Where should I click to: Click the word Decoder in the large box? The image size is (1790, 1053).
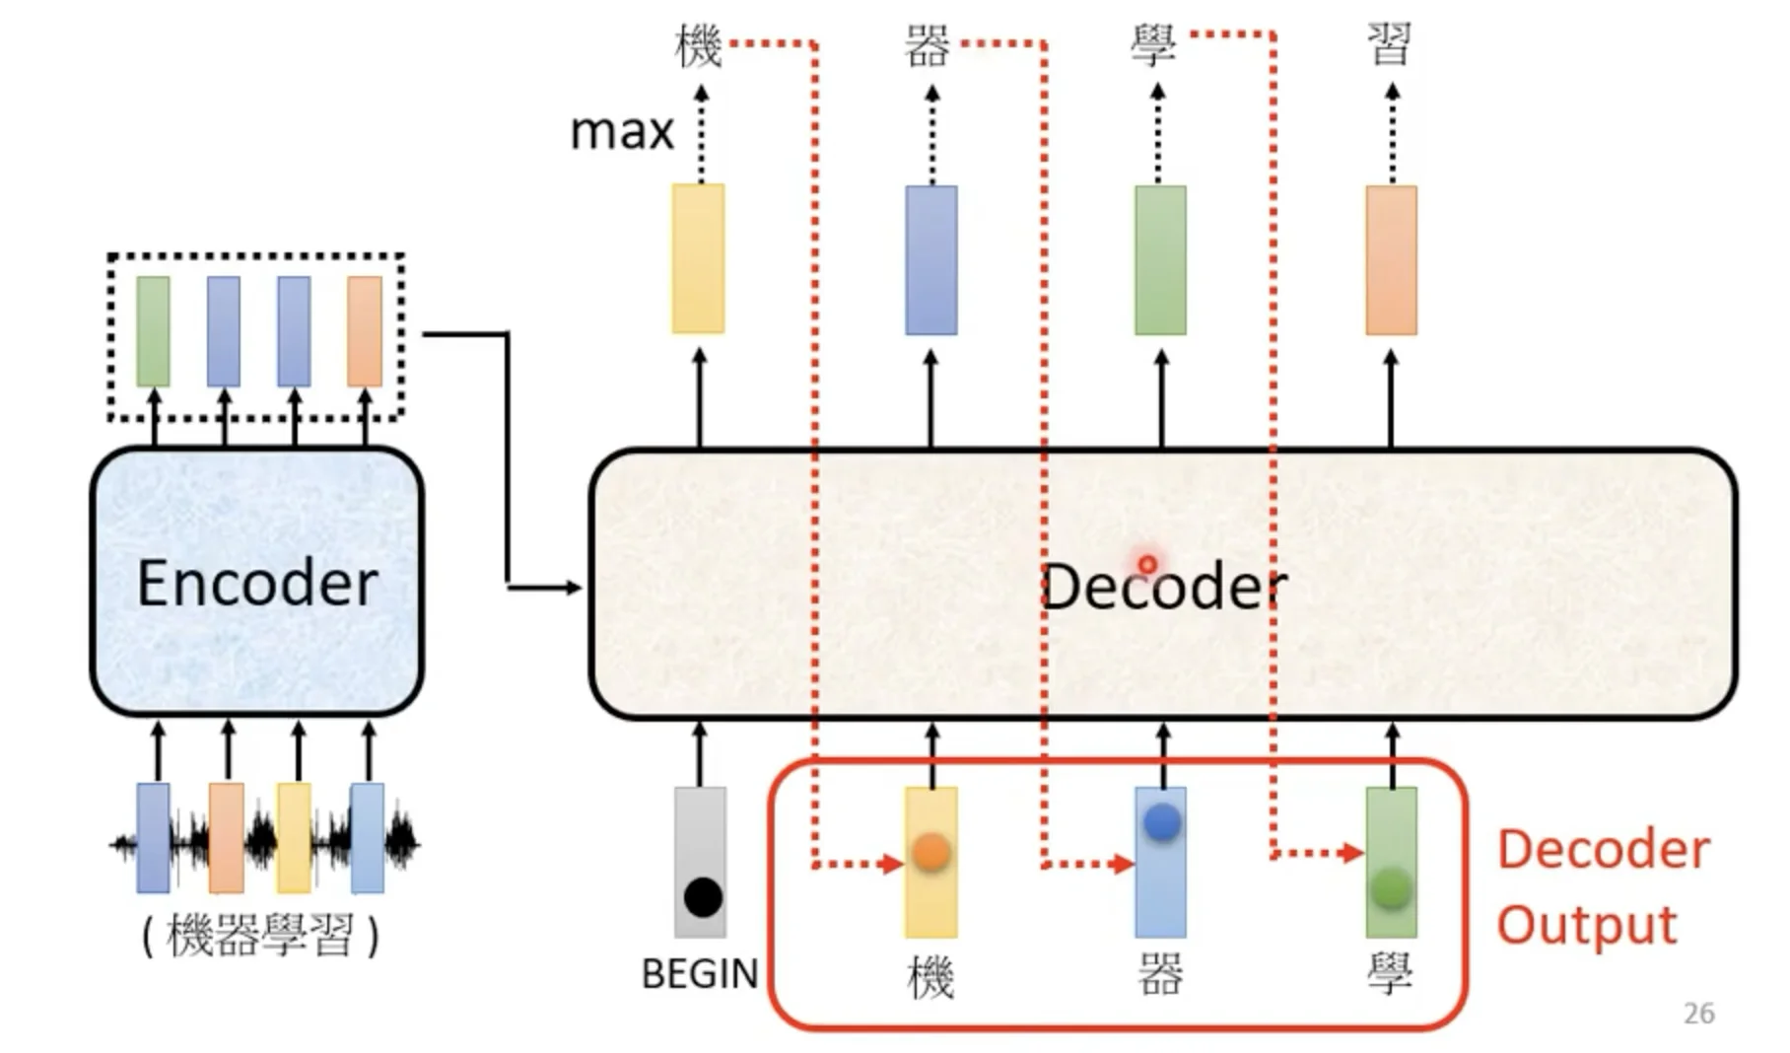[x=1163, y=587]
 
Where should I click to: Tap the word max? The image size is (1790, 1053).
[x=621, y=131]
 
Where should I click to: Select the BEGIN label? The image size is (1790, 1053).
[x=699, y=974]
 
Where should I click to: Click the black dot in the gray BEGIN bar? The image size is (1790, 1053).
[x=703, y=897]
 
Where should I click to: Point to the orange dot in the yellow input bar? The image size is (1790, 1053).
[x=930, y=852]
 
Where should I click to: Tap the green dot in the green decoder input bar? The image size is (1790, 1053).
[x=1391, y=887]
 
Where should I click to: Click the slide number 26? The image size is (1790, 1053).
[x=1698, y=1014]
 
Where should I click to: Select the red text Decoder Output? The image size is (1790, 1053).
[x=1602, y=887]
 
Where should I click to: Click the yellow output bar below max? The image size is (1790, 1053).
[x=698, y=258]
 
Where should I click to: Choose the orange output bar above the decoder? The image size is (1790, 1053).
[x=1391, y=260]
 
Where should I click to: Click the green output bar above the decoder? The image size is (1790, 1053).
[x=1160, y=260]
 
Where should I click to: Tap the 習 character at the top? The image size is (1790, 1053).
[x=1390, y=44]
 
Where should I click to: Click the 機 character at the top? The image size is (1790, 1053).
[x=698, y=46]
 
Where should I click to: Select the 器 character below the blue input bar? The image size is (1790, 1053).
[x=1160, y=974]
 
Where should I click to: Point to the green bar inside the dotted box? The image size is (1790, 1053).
[x=153, y=331]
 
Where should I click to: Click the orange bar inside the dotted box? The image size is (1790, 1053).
[x=364, y=331]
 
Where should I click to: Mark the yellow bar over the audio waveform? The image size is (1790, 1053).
[x=294, y=838]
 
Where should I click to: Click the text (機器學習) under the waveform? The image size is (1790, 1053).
[x=260, y=936]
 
